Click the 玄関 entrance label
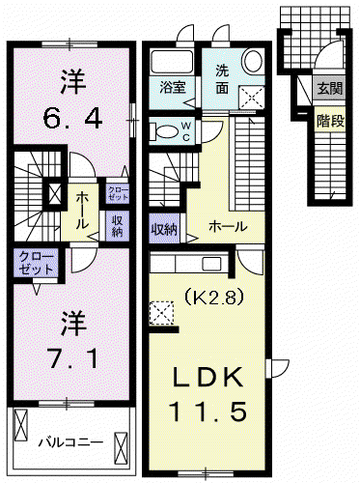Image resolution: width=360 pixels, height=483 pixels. click(x=330, y=88)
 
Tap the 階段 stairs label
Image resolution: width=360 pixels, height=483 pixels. click(x=331, y=122)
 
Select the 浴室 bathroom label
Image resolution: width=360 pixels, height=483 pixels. click(x=173, y=87)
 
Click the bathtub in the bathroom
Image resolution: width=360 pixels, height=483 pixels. click(x=172, y=62)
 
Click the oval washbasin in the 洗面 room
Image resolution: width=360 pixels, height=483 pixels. click(x=252, y=61)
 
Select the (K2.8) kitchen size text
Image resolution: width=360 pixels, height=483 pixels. click(x=212, y=298)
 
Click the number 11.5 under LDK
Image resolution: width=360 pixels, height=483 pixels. click(x=209, y=412)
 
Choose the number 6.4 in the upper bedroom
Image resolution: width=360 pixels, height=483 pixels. click(x=73, y=118)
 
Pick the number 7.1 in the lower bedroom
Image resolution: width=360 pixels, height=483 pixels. click(x=73, y=357)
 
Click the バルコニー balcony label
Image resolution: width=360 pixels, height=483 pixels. click(x=70, y=442)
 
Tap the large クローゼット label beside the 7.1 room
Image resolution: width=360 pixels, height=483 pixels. click(x=36, y=263)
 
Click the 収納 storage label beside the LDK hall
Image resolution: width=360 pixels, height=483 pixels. click(x=164, y=230)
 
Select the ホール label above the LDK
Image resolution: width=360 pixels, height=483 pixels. click(x=228, y=227)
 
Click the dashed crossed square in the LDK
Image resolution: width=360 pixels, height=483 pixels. click(x=162, y=313)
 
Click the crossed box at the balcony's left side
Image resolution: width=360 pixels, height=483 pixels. click(x=21, y=425)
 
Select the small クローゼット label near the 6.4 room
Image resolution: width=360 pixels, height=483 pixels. click(x=119, y=193)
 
